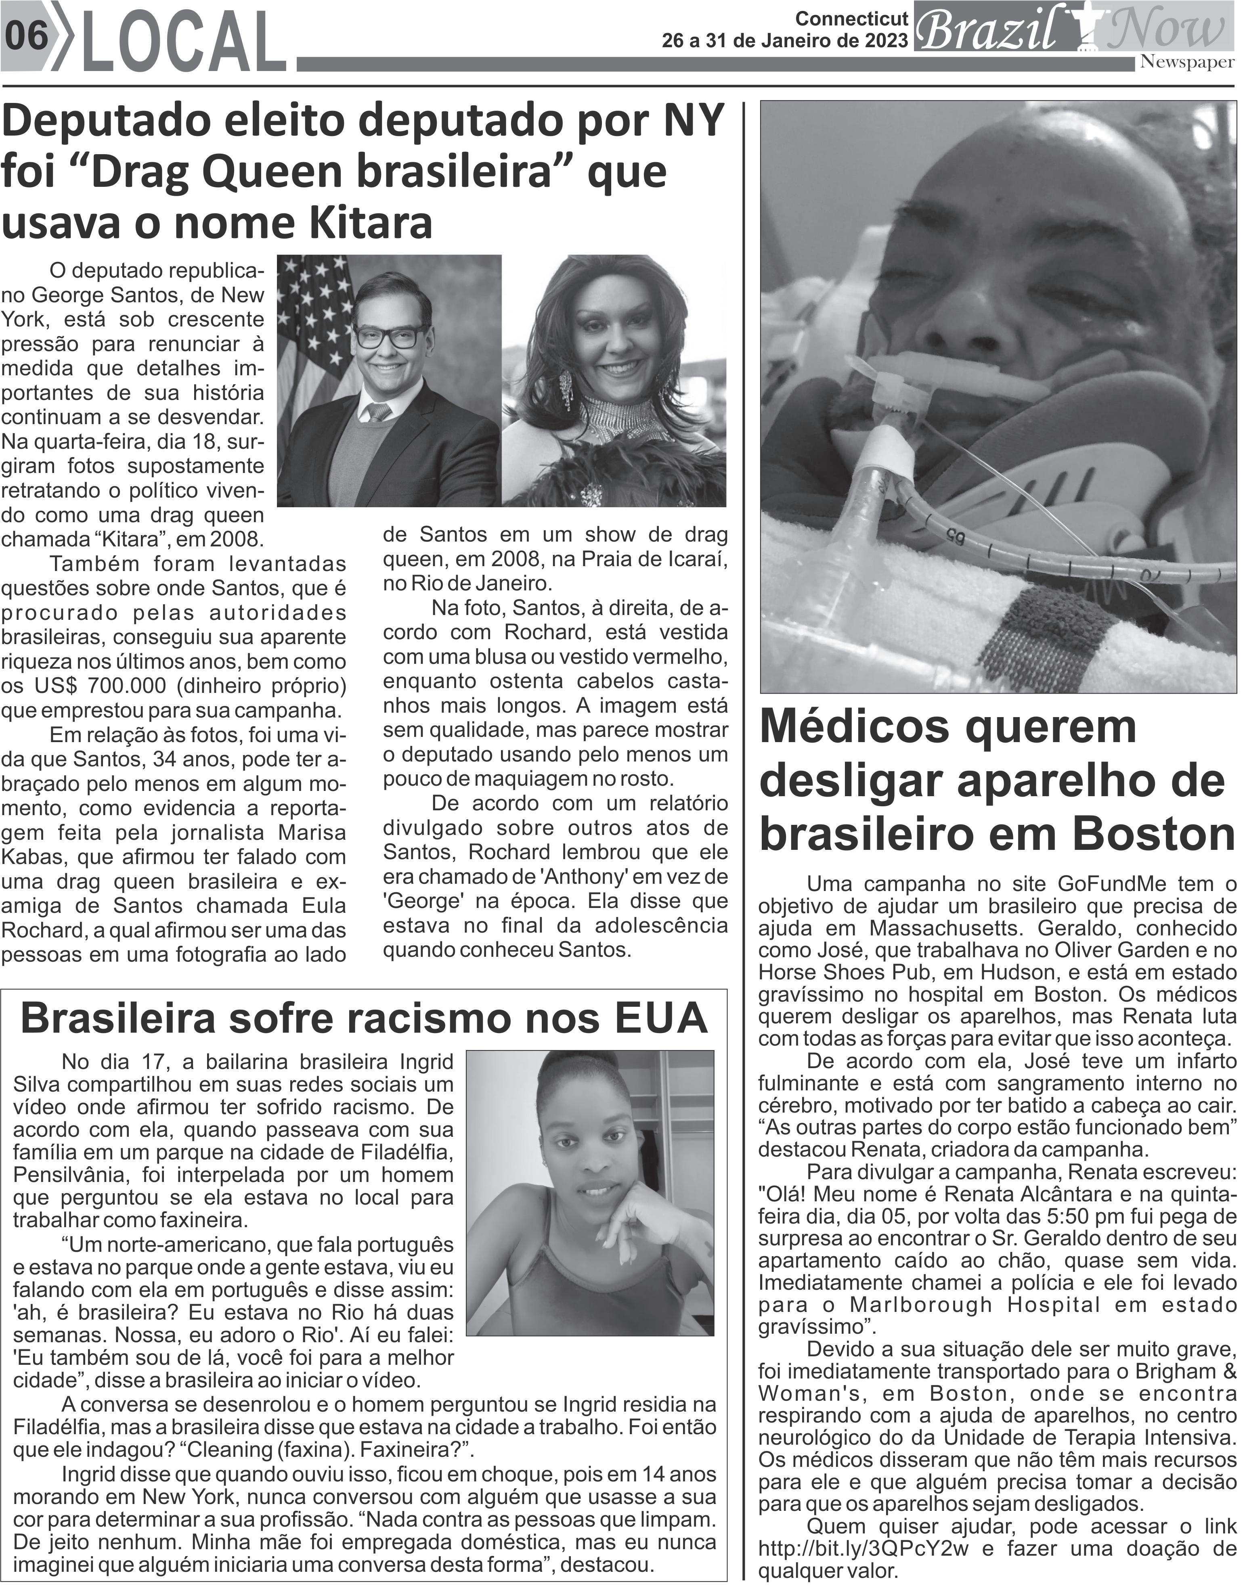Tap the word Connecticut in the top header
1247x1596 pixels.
(x=851, y=18)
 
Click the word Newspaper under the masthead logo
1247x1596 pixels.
(x=1187, y=62)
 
